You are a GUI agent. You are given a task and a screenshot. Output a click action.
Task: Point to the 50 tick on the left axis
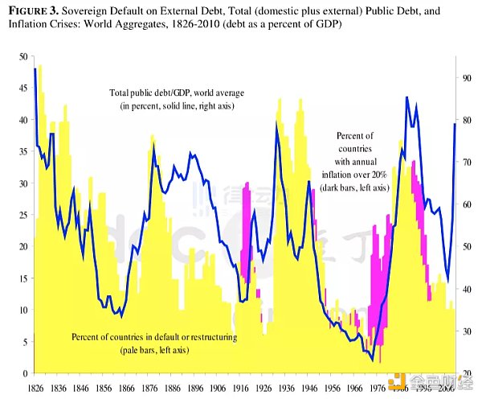click(x=22, y=56)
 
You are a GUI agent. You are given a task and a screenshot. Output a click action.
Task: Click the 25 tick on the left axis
click(x=22, y=215)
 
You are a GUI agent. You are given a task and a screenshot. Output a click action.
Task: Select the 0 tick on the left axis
click(x=24, y=373)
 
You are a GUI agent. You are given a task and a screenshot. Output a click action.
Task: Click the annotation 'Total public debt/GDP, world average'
click(x=177, y=94)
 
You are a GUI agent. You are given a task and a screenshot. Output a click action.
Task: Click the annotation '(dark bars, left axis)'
click(x=361, y=187)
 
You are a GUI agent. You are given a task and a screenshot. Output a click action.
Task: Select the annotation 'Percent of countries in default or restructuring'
click(x=153, y=336)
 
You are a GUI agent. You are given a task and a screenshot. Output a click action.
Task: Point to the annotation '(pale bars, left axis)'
click(x=153, y=350)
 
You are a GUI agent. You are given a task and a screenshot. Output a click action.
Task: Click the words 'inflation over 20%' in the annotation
click(x=361, y=175)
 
